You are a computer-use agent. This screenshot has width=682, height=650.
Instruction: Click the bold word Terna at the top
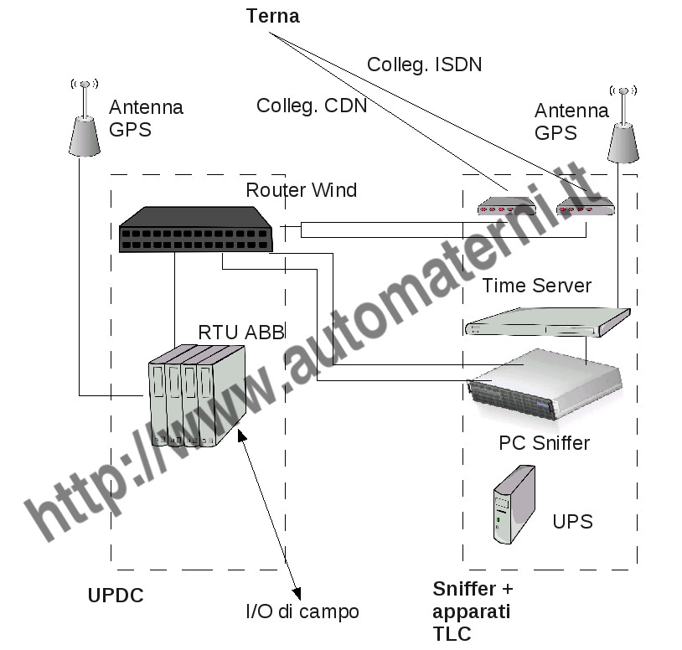tap(273, 16)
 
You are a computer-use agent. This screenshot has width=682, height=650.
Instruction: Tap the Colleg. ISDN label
tap(424, 64)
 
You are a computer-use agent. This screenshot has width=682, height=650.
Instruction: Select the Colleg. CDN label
tap(312, 106)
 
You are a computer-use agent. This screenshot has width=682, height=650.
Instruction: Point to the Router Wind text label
tap(301, 190)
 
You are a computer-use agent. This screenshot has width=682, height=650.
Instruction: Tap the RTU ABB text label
tap(230, 331)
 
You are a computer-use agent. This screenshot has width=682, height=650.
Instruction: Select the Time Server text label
tap(536, 286)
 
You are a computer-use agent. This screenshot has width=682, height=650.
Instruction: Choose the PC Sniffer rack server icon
tap(545, 386)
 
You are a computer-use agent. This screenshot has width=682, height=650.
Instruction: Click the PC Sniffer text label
tap(544, 442)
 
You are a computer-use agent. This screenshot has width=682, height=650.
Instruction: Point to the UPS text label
tap(572, 522)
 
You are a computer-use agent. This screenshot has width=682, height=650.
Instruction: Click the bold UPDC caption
tap(116, 596)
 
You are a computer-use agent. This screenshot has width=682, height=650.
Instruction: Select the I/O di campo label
tap(302, 611)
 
